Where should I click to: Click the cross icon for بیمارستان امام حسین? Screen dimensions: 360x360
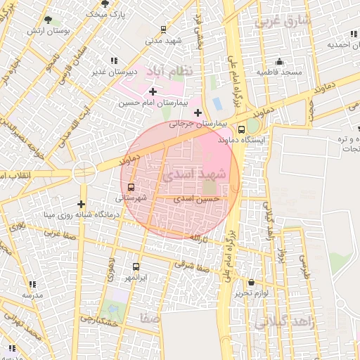[153, 91]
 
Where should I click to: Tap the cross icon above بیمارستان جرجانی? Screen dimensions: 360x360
[198, 112]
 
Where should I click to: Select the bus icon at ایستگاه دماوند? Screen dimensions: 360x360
[242, 129]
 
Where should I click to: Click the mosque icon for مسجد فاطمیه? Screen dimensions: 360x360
[279, 61]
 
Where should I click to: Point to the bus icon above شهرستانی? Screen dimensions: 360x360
[131, 187]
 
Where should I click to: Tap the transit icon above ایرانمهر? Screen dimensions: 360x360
[136, 267]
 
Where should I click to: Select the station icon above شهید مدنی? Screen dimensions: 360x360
[163, 30]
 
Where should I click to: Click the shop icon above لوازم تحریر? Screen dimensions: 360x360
[251, 282]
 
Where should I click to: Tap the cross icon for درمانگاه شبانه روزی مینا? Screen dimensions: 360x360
[82, 204]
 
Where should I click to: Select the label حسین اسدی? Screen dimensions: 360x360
[197, 199]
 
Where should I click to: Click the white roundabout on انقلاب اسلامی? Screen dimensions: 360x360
[84, 171]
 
